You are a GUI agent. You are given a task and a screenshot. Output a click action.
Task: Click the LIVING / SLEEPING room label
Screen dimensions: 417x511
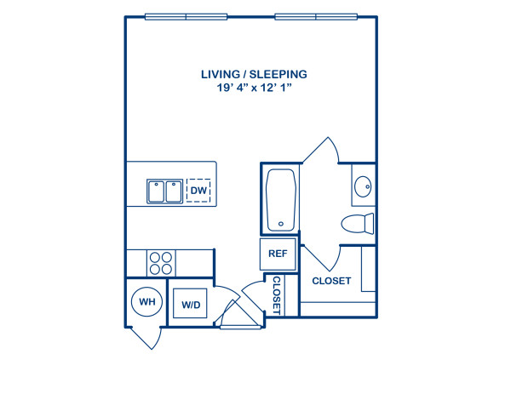coord(254,75)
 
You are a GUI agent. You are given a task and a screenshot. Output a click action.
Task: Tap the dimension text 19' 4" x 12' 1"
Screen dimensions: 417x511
coord(254,89)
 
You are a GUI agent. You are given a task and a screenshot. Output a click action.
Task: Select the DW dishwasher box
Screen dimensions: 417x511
coord(198,191)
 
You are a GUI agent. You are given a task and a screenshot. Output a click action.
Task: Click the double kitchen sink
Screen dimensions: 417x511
coord(164,191)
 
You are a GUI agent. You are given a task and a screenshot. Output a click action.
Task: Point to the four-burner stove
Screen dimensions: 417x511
coord(160,262)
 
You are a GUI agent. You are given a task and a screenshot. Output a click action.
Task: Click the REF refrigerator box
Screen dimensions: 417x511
coord(278,254)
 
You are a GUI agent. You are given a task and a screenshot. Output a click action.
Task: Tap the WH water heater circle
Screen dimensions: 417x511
coord(146,301)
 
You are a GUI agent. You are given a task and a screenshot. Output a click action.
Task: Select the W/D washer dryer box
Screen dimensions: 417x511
coord(189,303)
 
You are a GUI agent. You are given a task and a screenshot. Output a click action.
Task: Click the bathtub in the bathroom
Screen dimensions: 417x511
coord(280,201)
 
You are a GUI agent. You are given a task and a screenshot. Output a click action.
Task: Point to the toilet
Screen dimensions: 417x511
coord(359,224)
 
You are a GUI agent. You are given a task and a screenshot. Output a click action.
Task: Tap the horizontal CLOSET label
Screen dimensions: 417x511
coord(331,281)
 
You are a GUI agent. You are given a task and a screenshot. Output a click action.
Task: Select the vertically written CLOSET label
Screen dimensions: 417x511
coord(277,294)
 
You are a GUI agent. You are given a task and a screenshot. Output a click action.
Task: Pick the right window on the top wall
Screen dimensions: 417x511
coord(316,16)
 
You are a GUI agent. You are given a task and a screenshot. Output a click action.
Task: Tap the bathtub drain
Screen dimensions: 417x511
coord(280,226)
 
